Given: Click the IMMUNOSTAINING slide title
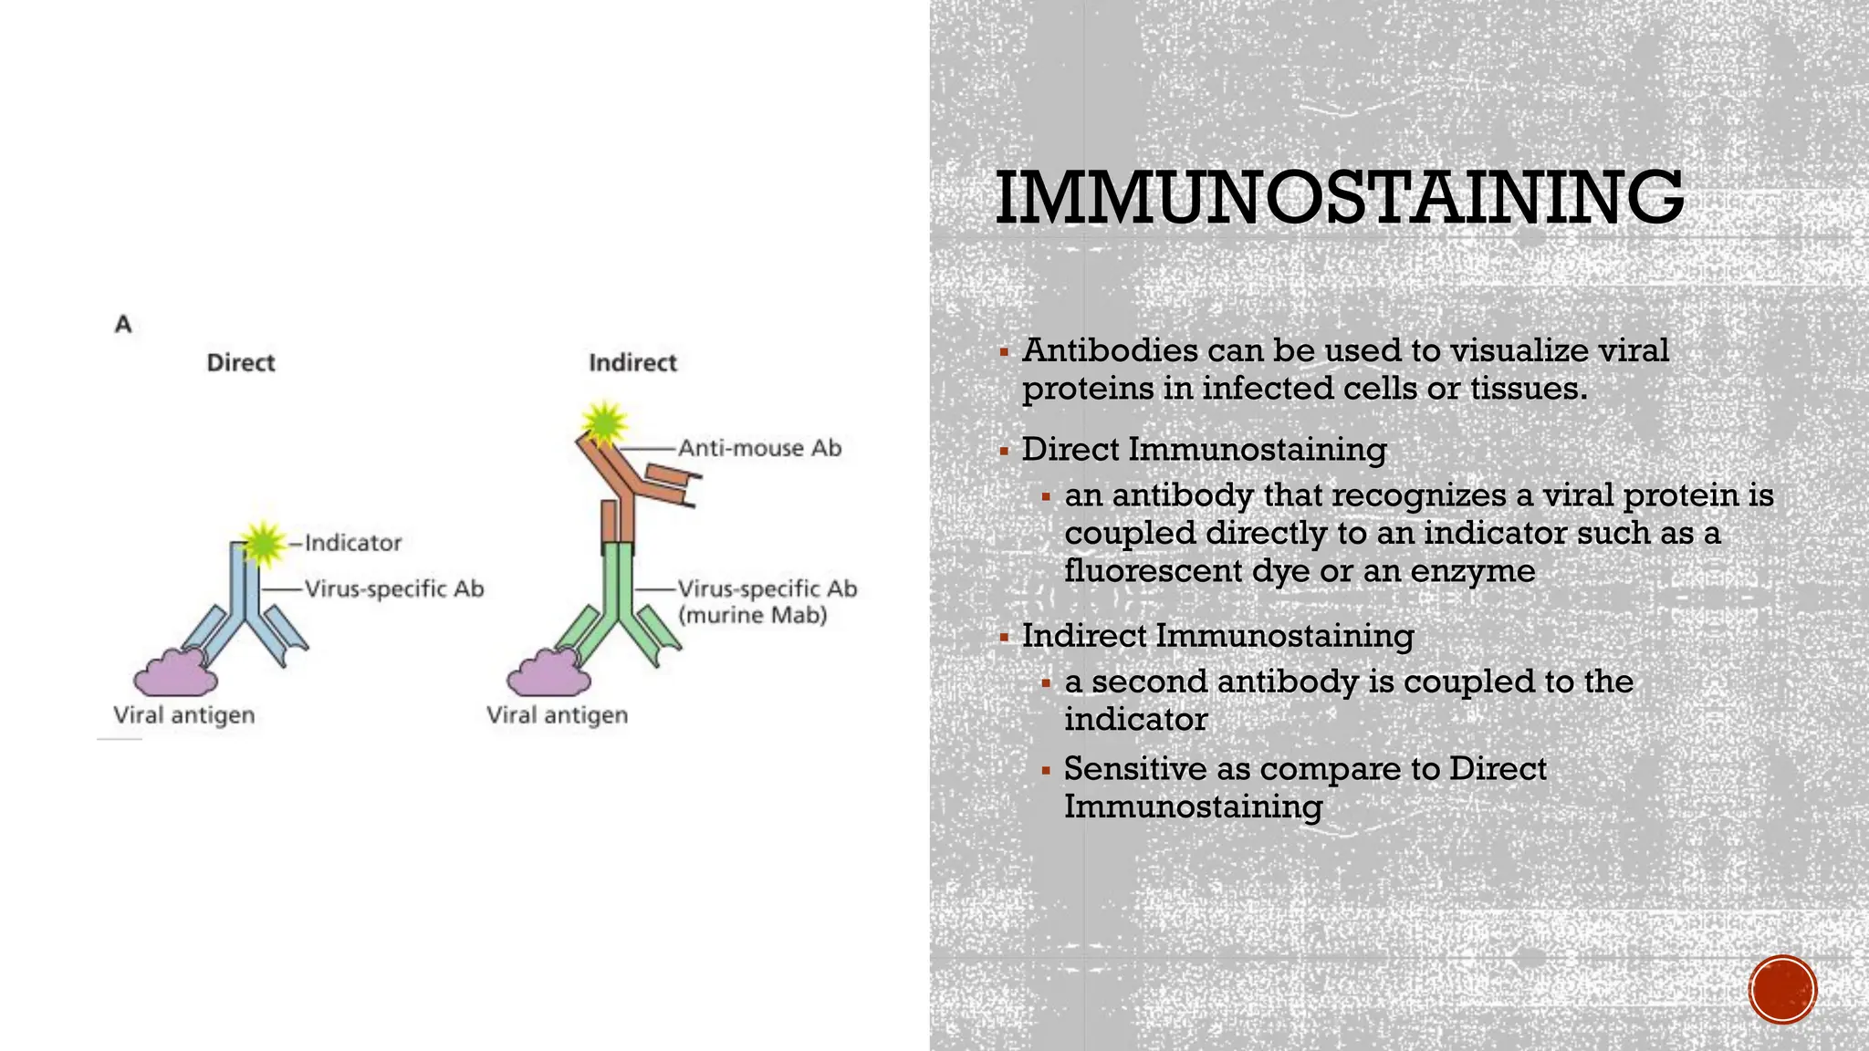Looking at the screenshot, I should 1339,198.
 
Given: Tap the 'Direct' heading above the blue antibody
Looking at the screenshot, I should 241,363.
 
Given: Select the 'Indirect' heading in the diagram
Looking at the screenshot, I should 632,363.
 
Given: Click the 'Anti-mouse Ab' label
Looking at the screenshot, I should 759,448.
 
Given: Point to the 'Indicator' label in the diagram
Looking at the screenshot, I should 353,543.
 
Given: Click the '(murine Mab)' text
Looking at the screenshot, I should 753,615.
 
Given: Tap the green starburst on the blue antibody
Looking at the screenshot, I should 263,543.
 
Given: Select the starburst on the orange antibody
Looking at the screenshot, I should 605,422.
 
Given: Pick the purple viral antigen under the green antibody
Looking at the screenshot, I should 548,674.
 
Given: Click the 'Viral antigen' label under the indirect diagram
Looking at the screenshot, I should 558,715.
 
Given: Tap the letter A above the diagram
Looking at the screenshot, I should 123,324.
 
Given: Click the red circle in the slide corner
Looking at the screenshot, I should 1782,990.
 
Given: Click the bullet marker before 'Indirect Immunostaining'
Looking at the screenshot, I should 1004,637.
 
